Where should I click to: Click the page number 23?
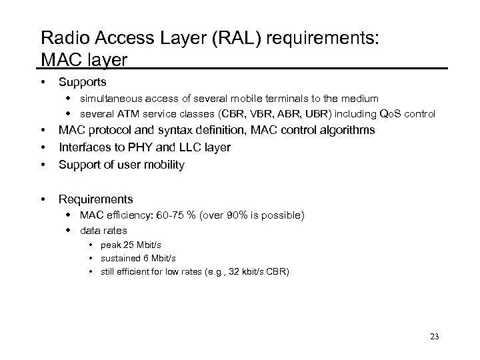click(x=434, y=336)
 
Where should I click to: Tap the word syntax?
click(x=182, y=130)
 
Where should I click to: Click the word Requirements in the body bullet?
click(x=96, y=199)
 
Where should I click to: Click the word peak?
click(x=111, y=245)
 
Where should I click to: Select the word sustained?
click(x=120, y=258)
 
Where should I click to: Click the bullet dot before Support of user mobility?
click(x=43, y=165)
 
